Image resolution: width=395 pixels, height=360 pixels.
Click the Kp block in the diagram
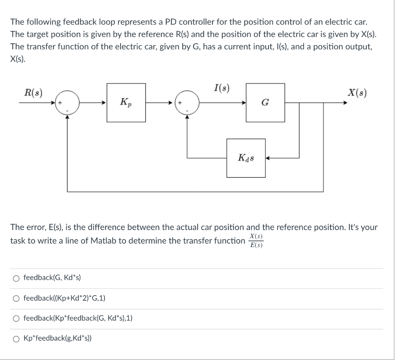point(126,103)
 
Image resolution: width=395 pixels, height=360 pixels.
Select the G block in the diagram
point(265,103)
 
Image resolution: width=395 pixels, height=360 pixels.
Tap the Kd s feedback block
point(246,158)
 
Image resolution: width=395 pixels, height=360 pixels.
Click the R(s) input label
point(33,93)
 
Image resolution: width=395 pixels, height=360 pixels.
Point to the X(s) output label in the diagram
point(357,93)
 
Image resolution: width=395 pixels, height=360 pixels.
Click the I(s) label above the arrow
point(221,89)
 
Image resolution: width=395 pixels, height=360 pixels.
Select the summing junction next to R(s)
point(67,103)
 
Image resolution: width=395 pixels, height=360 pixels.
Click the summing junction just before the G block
point(187,103)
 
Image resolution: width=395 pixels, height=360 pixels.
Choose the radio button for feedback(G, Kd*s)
point(17,278)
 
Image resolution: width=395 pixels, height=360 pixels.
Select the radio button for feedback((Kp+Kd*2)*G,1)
point(17,298)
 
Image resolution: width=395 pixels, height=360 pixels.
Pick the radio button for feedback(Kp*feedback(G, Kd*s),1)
point(17,318)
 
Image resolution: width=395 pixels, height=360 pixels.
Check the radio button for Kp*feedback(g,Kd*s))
point(17,338)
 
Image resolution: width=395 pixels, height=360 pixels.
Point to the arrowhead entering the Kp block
point(105,103)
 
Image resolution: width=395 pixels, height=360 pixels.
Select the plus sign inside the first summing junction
point(61,103)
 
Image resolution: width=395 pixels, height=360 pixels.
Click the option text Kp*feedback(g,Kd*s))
point(57,338)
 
